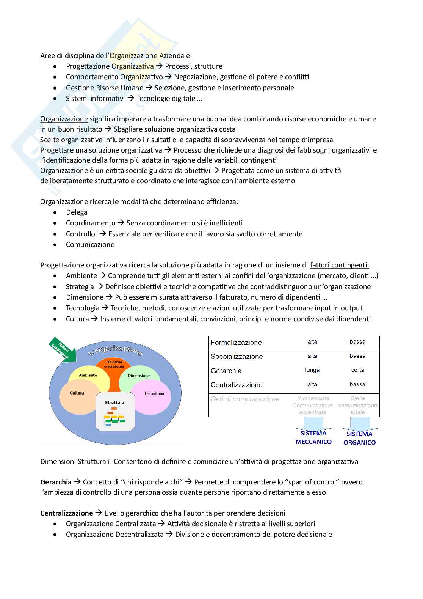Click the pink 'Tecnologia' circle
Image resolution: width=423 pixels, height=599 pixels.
point(154,395)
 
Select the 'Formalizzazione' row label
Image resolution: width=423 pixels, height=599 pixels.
point(236,343)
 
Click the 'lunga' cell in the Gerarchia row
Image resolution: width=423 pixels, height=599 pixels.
point(312,370)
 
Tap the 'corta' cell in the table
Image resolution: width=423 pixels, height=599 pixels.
point(357,370)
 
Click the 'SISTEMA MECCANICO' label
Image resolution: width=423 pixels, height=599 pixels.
point(313,437)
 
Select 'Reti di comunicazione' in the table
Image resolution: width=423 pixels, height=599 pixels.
point(245,399)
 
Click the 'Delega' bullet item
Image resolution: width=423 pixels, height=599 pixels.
point(77,212)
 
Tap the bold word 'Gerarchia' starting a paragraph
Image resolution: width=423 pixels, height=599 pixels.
point(56,482)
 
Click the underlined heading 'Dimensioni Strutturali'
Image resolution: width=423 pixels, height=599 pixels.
point(75,462)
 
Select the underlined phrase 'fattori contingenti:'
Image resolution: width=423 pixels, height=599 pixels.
point(339,265)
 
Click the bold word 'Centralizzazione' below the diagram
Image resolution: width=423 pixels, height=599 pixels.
point(66,513)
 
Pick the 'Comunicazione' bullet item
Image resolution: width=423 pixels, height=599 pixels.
point(90,245)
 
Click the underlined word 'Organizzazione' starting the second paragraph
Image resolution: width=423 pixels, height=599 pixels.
point(64,119)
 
